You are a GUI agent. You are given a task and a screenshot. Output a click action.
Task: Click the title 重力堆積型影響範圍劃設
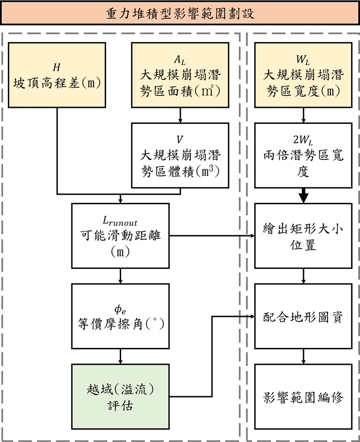coord(180,12)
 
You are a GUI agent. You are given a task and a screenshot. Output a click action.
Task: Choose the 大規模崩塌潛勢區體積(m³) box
coord(180,156)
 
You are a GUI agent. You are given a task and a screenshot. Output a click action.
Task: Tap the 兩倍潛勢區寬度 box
coord(303,156)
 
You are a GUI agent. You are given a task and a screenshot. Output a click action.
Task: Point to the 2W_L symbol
coord(303,140)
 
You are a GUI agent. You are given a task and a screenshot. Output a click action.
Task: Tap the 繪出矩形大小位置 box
coord(303,236)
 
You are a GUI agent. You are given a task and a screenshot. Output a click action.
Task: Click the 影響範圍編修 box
coord(303,397)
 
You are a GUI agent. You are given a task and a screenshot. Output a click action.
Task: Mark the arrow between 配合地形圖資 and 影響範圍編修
coord(303,356)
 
